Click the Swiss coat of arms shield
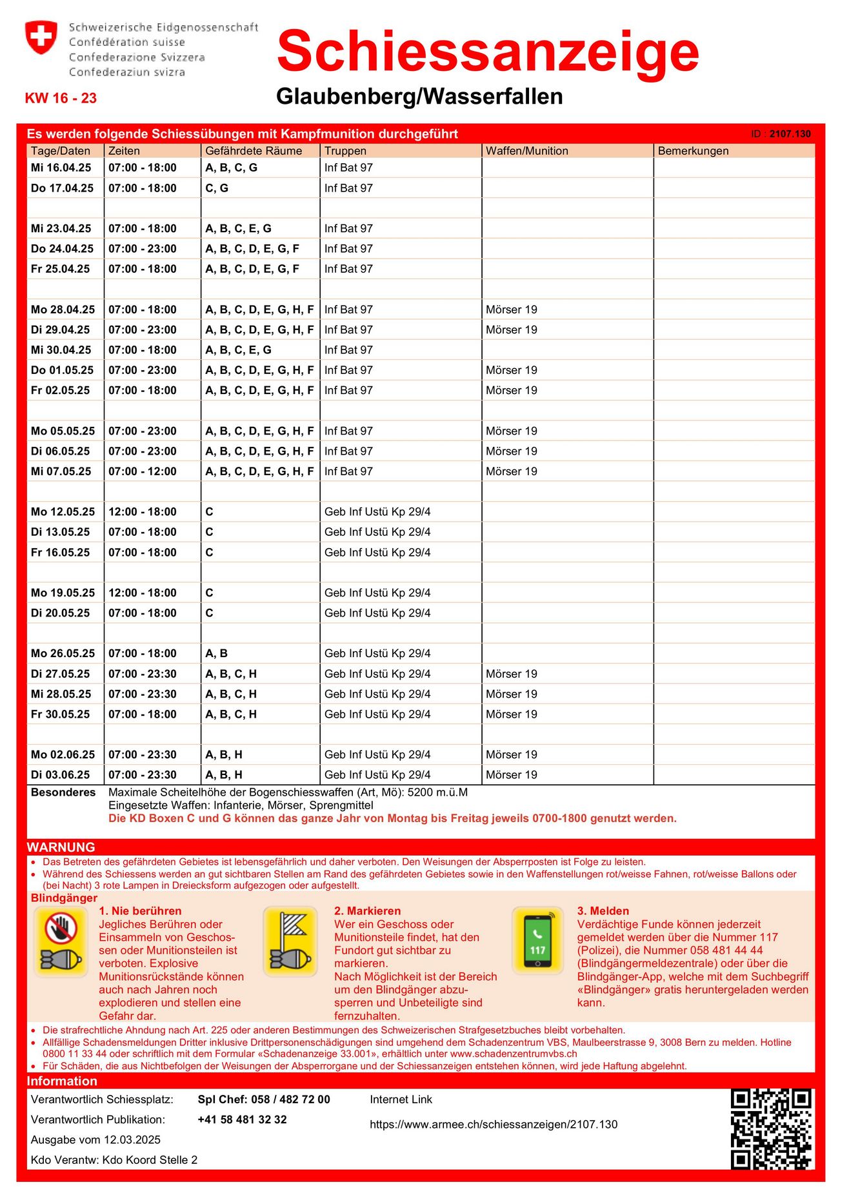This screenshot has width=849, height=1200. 41,37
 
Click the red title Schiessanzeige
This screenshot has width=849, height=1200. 488,52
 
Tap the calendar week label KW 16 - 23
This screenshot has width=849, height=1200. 61,98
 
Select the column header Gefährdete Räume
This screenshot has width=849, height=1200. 254,151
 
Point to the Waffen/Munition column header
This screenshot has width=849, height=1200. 527,151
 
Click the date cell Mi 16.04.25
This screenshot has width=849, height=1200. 61,168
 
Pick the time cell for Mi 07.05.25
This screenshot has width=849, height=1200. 143,471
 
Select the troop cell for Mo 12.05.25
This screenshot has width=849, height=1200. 377,512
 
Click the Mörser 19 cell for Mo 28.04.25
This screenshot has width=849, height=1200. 512,310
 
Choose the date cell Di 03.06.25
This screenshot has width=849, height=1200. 61,774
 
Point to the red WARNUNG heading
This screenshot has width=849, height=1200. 61,847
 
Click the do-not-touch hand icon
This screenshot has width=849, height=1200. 61,941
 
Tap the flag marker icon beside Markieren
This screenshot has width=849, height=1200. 290,941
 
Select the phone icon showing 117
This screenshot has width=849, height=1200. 537,941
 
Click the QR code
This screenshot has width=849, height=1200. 771,1128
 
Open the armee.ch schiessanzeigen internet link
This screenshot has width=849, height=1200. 494,1125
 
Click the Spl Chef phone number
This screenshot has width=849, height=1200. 264,1099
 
